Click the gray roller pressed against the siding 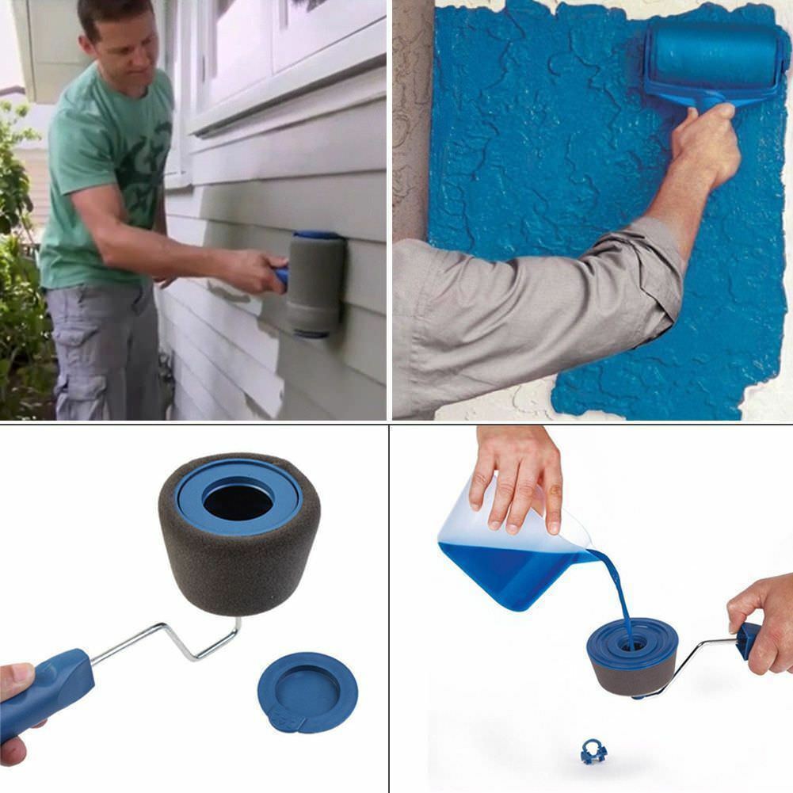(x=315, y=285)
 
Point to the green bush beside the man (x=16, y=261)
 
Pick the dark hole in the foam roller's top (x=237, y=500)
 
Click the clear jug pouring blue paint (x=507, y=555)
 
